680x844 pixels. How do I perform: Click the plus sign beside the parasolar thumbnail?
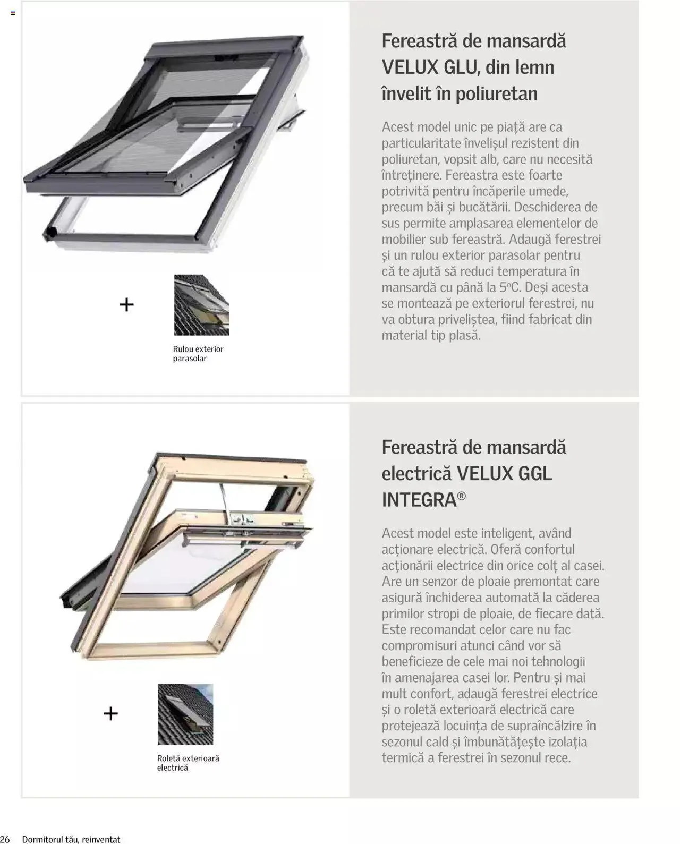coord(126,305)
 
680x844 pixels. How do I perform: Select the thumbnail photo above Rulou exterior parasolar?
coord(201,305)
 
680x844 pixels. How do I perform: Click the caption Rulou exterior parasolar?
coord(198,354)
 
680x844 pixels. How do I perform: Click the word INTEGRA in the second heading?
coord(419,500)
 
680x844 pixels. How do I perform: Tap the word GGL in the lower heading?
coord(533,473)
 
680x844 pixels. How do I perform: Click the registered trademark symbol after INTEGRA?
coord(462,496)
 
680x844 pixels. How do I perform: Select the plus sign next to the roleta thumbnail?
coord(110,713)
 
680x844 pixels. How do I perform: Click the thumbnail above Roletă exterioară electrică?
coord(185,714)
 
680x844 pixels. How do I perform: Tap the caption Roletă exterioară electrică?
coord(188,763)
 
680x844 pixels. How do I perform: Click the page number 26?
coord(5,839)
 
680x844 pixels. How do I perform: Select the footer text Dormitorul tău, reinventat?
coord(71,839)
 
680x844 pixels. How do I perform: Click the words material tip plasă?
coord(431,336)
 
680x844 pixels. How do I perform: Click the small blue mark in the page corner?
coord(13,13)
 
